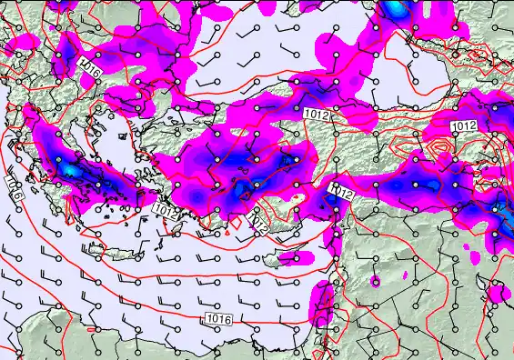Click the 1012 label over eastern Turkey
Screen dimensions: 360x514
pyautogui.click(x=464, y=125)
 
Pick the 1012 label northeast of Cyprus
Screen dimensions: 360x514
pyautogui.click(x=341, y=191)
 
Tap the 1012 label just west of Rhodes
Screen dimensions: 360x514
pyautogui.click(x=166, y=210)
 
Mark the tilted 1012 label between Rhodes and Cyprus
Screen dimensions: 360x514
pyautogui.click(x=259, y=220)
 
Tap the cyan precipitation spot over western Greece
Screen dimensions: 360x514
pyautogui.click(x=71, y=170)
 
